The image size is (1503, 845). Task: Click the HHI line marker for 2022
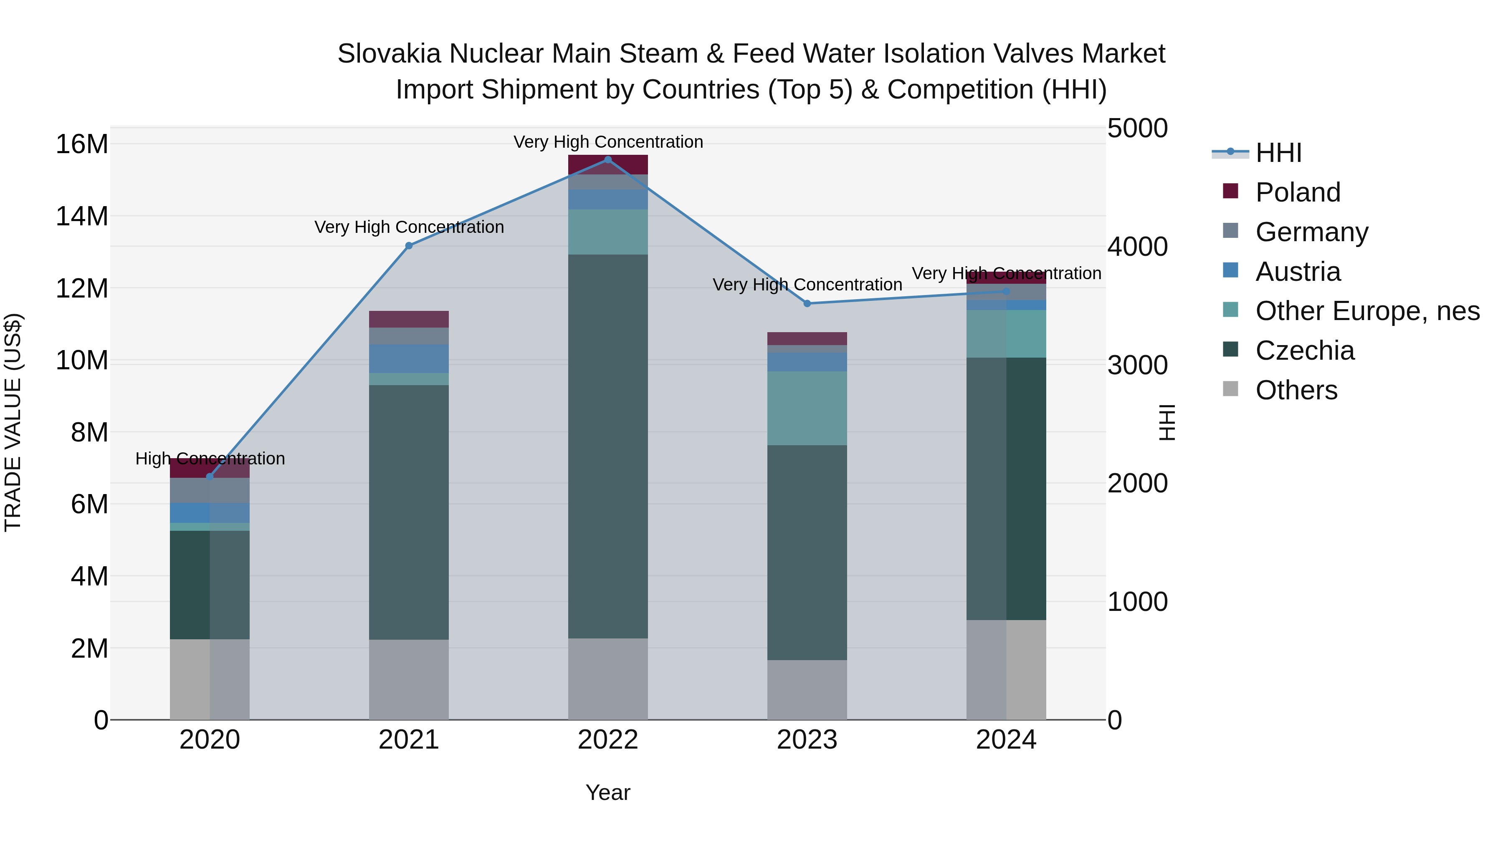pyautogui.click(x=608, y=160)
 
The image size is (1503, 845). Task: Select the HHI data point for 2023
pyautogui.click(x=807, y=303)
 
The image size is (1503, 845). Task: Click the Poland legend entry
pyautogui.click(x=1298, y=192)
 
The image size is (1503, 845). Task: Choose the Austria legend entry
pyautogui.click(x=1298, y=272)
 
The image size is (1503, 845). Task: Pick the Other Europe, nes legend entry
pyautogui.click(x=1367, y=311)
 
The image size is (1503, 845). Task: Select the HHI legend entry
pyautogui.click(x=1278, y=153)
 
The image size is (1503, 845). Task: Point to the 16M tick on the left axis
pyautogui.click(x=82, y=144)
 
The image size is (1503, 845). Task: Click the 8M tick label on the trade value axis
pyautogui.click(x=89, y=433)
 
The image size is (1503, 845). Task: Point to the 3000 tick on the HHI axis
pyautogui.click(x=1137, y=366)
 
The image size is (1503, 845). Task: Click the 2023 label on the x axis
pyautogui.click(x=807, y=740)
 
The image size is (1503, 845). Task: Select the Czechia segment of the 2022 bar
pyautogui.click(x=608, y=446)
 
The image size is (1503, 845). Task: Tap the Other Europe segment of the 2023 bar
pyautogui.click(x=807, y=408)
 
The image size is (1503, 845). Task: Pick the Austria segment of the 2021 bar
pyautogui.click(x=409, y=358)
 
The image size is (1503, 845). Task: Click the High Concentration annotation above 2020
pyautogui.click(x=210, y=459)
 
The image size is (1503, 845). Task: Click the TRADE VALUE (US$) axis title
pyautogui.click(x=13, y=422)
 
